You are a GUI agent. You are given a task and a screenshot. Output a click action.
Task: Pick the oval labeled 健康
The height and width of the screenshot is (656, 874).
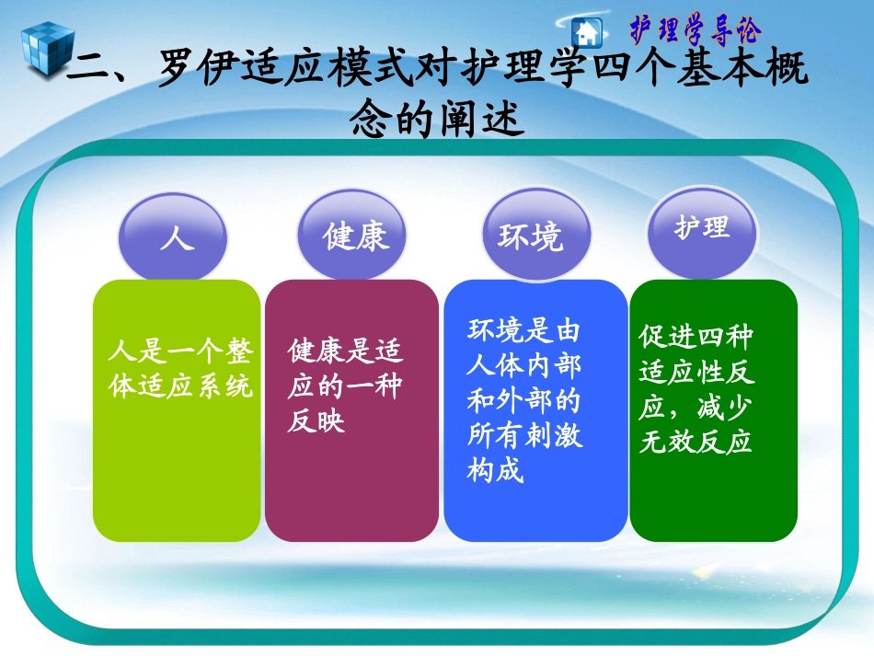(x=355, y=236)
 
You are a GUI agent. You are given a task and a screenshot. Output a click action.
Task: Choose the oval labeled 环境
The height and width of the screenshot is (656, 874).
(x=530, y=236)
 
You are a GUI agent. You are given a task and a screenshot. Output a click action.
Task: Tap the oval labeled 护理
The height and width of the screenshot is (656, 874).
(x=703, y=227)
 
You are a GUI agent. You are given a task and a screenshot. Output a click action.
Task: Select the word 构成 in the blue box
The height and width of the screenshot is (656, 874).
(x=495, y=472)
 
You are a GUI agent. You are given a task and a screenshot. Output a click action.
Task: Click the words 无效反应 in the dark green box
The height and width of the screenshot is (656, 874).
(x=696, y=443)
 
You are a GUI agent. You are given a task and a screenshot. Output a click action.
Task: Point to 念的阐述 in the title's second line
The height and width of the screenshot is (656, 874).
(x=438, y=119)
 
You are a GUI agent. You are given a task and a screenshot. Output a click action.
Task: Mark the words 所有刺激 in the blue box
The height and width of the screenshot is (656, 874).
(x=524, y=436)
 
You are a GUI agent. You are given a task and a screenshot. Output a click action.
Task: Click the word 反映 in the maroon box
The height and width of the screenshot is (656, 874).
(x=316, y=422)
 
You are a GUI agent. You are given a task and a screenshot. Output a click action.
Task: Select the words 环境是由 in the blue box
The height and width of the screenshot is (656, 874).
(x=524, y=331)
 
